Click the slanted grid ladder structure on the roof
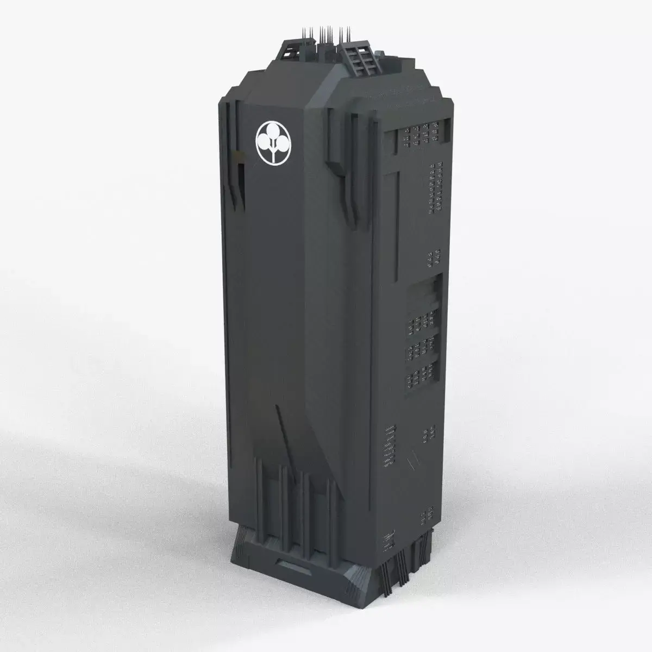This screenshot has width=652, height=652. click(357, 58)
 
